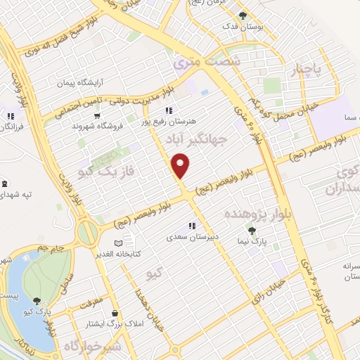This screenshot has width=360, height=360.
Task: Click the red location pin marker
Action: tap(181, 166)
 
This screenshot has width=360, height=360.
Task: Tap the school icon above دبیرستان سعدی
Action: tap(191, 226)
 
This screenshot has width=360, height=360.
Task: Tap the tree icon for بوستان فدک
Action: tap(243, 15)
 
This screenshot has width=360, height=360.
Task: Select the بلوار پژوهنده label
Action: tap(256, 212)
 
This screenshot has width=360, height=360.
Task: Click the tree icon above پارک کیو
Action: tap(37, 300)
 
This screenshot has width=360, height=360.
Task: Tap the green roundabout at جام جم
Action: tap(87, 233)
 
